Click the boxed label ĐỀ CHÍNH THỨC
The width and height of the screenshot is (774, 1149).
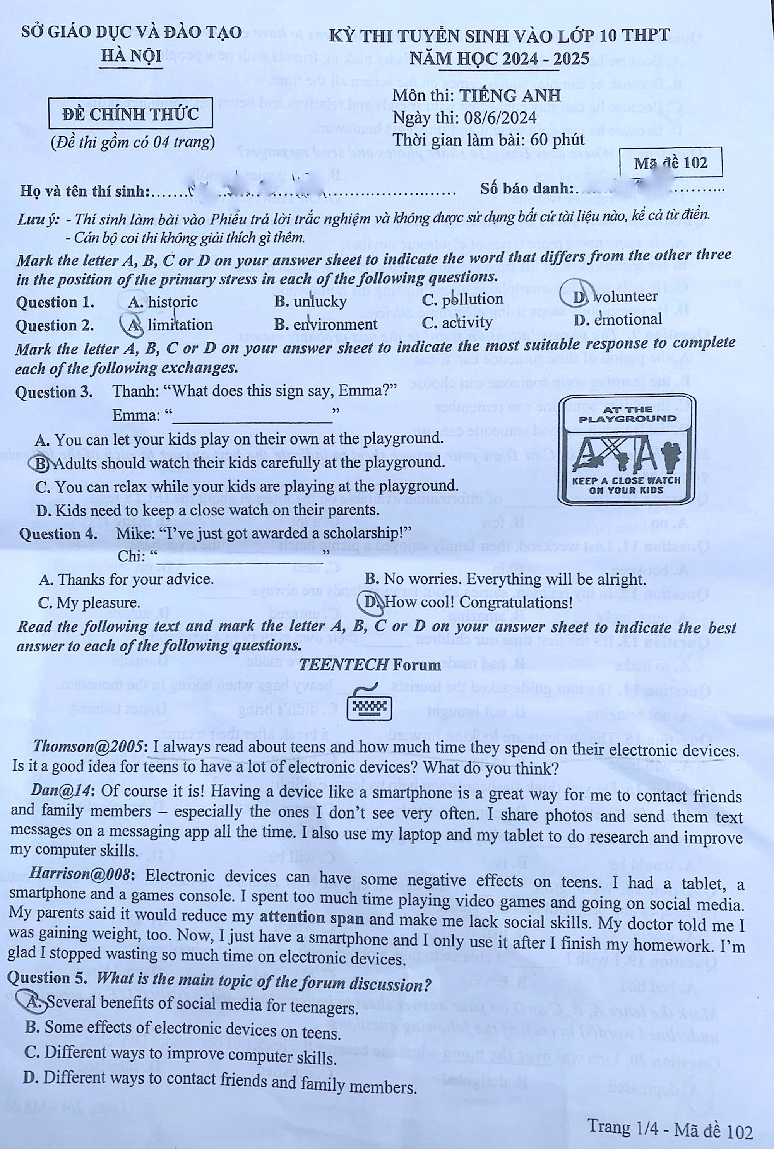coord(130,114)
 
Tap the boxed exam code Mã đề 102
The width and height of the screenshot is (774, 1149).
coord(670,162)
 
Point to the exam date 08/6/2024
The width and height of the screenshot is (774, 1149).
coord(500,118)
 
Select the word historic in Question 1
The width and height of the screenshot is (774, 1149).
coord(173,301)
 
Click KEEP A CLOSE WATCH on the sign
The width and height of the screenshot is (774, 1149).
coord(626,480)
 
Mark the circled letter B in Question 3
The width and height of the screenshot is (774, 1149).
coord(41,463)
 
